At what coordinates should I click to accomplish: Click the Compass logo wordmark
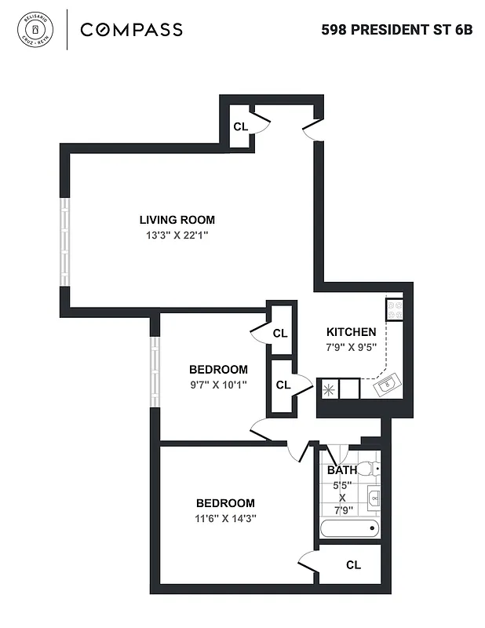(x=132, y=30)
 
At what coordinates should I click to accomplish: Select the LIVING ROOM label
(x=177, y=220)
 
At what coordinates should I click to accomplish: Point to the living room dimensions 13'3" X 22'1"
(x=177, y=235)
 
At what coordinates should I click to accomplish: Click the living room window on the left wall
(x=66, y=240)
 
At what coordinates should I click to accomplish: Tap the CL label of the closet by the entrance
(x=240, y=126)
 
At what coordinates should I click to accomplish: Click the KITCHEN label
(x=351, y=332)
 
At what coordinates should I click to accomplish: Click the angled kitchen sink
(x=388, y=385)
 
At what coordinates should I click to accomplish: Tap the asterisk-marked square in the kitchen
(x=327, y=387)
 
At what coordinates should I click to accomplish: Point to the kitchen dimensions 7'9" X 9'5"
(x=351, y=347)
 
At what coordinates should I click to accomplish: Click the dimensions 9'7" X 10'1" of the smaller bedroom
(x=218, y=385)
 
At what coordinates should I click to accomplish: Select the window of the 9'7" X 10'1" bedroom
(x=155, y=372)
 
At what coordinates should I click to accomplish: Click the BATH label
(x=342, y=470)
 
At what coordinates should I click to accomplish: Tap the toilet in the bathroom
(x=368, y=469)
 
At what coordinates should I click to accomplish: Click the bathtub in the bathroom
(x=349, y=528)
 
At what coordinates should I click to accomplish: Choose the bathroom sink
(x=374, y=498)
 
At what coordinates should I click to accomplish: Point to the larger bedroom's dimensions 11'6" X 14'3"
(x=225, y=518)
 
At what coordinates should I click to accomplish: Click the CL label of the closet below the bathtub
(x=353, y=564)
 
